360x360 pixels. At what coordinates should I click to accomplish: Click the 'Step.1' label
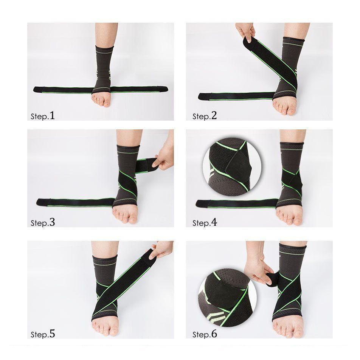click(x=43, y=115)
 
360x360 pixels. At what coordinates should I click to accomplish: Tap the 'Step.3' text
click(x=43, y=222)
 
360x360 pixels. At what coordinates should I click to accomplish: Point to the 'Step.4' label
click(x=205, y=222)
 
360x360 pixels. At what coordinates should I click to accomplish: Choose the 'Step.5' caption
click(x=43, y=334)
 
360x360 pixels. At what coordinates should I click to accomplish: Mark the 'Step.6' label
click(x=205, y=334)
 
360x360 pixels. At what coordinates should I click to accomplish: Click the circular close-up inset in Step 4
click(x=232, y=166)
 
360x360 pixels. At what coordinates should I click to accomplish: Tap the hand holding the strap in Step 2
click(x=245, y=32)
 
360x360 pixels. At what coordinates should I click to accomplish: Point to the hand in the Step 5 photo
click(x=160, y=250)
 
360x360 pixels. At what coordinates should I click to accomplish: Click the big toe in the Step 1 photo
click(x=107, y=103)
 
